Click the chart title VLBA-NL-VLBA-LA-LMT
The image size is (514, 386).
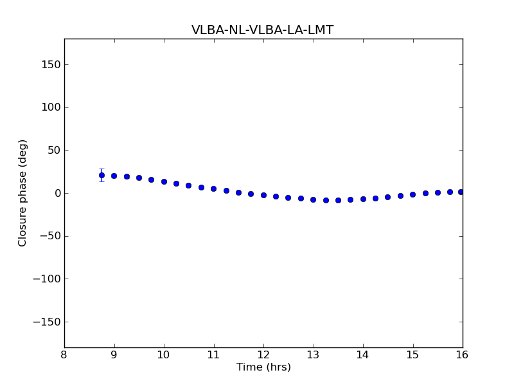[x=262, y=30]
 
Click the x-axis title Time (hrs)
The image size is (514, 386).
[x=263, y=367]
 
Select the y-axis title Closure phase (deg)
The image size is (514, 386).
[x=23, y=193]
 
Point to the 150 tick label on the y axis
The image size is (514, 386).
[x=51, y=64]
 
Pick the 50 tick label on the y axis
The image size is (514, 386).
[x=54, y=151]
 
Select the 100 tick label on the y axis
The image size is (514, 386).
[x=51, y=107]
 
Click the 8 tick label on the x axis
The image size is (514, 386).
[x=64, y=355]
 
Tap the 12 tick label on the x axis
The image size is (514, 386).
[x=263, y=355]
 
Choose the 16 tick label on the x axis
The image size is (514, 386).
[x=462, y=355]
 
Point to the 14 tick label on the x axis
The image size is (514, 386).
[x=363, y=355]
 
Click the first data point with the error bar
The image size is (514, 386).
[x=102, y=175]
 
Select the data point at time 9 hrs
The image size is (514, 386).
[x=114, y=176]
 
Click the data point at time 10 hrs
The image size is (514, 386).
[x=164, y=181]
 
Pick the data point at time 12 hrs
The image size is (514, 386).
[x=263, y=195]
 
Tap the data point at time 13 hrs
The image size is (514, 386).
[x=313, y=199]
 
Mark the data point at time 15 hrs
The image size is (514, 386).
[x=412, y=194]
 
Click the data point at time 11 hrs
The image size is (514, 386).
[x=213, y=188]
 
